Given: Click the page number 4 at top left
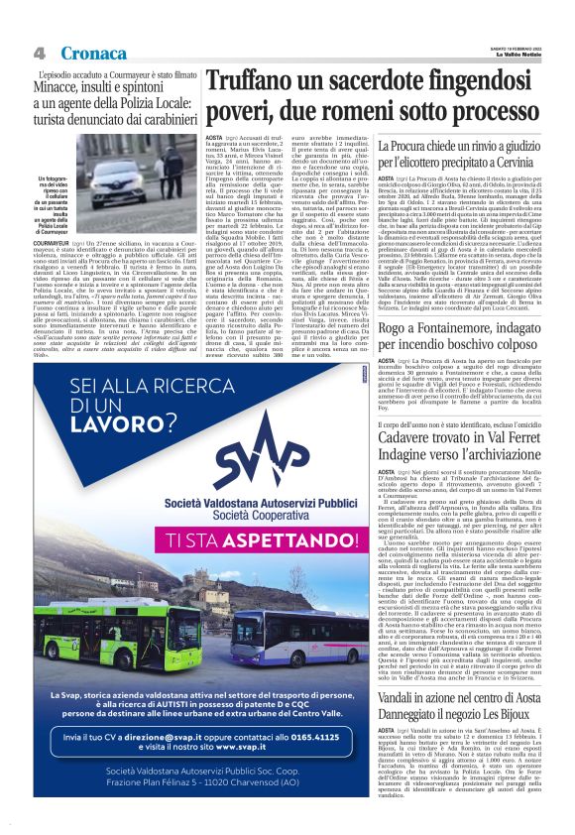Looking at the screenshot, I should (x=40, y=53).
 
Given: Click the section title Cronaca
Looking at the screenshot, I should (x=92, y=53).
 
